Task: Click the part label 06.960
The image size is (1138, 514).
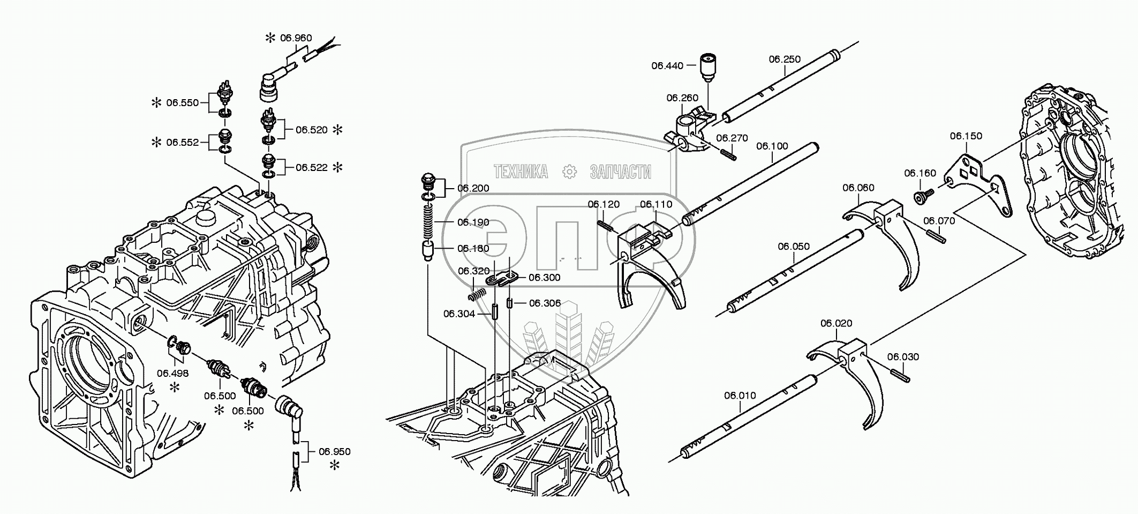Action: pyautogui.click(x=296, y=38)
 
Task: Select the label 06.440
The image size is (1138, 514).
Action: pyautogui.click(x=667, y=66)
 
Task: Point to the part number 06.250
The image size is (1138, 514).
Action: pyautogui.click(x=785, y=59)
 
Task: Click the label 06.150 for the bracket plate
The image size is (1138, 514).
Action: pyautogui.click(x=966, y=136)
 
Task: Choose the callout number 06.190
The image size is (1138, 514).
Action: pyautogui.click(x=473, y=222)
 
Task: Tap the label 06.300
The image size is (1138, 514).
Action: pyautogui.click(x=544, y=278)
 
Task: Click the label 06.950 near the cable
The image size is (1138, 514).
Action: pyautogui.click(x=335, y=452)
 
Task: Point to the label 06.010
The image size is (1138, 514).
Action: pyautogui.click(x=740, y=396)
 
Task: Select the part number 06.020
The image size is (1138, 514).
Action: pyautogui.click(x=836, y=323)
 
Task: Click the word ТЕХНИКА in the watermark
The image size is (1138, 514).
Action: pyautogui.click(x=521, y=172)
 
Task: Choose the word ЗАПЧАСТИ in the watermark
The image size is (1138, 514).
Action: pyautogui.click(x=620, y=172)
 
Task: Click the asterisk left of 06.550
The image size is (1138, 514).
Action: pyautogui.click(x=156, y=103)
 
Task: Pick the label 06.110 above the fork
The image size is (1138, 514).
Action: pyautogui.click(x=655, y=204)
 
